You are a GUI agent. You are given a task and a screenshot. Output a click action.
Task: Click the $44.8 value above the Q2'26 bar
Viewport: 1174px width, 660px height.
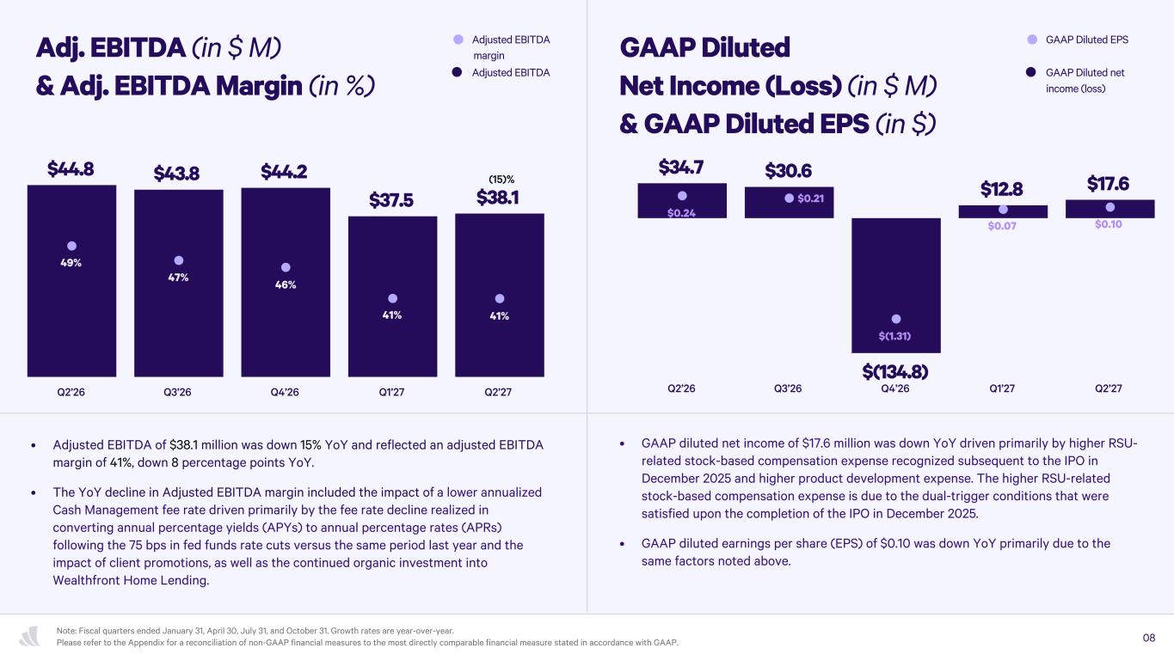click(x=71, y=169)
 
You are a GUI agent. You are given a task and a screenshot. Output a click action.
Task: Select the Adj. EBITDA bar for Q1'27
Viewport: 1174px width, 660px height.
click(x=392, y=296)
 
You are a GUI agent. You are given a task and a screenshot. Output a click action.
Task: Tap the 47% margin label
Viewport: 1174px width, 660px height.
click(x=178, y=278)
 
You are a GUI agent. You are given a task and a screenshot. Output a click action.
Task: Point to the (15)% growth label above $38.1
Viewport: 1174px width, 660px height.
click(x=501, y=180)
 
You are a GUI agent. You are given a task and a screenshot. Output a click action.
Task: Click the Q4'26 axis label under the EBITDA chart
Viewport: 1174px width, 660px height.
click(x=285, y=392)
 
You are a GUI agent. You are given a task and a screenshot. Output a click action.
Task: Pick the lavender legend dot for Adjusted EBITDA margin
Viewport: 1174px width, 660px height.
click(x=458, y=40)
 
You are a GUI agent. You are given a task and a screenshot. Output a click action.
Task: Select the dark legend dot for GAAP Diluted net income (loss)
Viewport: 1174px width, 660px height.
click(x=1031, y=72)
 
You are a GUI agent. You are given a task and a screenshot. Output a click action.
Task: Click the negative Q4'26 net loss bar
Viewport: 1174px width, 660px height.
click(x=896, y=285)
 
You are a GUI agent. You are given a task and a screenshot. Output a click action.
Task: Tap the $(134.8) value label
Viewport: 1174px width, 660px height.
click(x=895, y=372)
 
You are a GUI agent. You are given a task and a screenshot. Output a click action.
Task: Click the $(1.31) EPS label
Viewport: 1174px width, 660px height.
click(x=894, y=336)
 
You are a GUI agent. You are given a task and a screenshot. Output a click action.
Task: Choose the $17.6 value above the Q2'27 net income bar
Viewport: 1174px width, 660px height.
click(x=1108, y=184)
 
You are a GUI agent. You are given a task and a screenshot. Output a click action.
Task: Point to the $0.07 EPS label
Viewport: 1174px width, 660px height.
click(x=1002, y=226)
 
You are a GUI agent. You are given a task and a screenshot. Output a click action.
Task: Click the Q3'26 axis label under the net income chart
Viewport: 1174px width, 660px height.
click(x=788, y=388)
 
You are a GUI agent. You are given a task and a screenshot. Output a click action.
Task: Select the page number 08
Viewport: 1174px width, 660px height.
click(x=1149, y=638)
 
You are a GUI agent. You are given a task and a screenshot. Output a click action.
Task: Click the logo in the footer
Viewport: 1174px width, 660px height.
click(x=30, y=636)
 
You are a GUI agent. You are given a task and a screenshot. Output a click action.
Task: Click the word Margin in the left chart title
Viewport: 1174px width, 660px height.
click(x=259, y=86)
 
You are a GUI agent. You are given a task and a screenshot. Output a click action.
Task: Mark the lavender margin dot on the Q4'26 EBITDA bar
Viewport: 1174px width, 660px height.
click(x=286, y=267)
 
